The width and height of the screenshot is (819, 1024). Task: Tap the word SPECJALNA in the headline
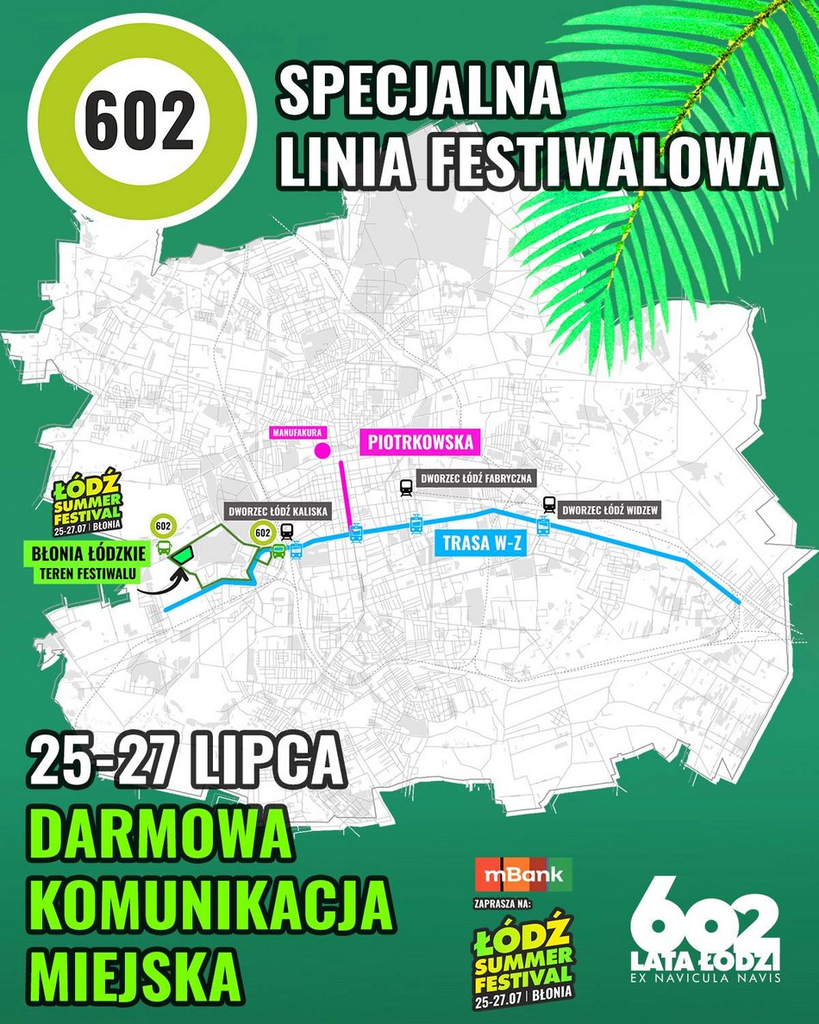[x=420, y=91]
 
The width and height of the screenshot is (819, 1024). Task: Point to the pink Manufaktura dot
[x=324, y=450]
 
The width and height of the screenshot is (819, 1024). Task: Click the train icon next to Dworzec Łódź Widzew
[x=549, y=504]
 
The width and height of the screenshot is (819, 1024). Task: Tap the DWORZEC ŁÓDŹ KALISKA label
[x=278, y=510]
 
